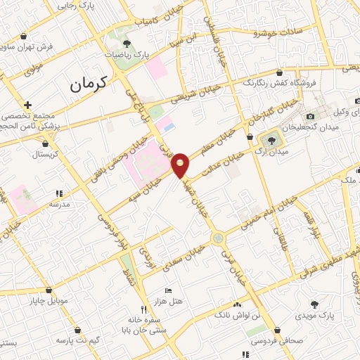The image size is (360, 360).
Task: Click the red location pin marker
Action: point(181,165)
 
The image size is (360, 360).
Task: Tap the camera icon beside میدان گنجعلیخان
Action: point(310,117)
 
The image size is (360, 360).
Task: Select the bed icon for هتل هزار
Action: point(167,290)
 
